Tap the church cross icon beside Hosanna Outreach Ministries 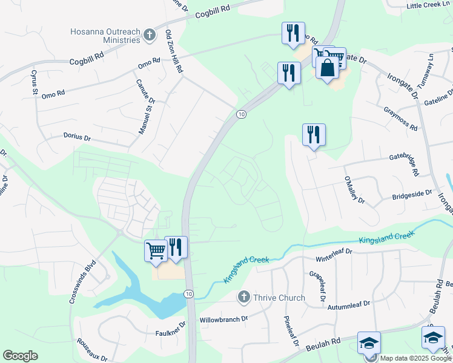tap(150, 36)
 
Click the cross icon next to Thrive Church tap(243, 296)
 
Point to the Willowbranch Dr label tap(224, 319)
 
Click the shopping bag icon tap(327, 68)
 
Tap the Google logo tap(20, 356)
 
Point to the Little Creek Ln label tap(428, 5)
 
